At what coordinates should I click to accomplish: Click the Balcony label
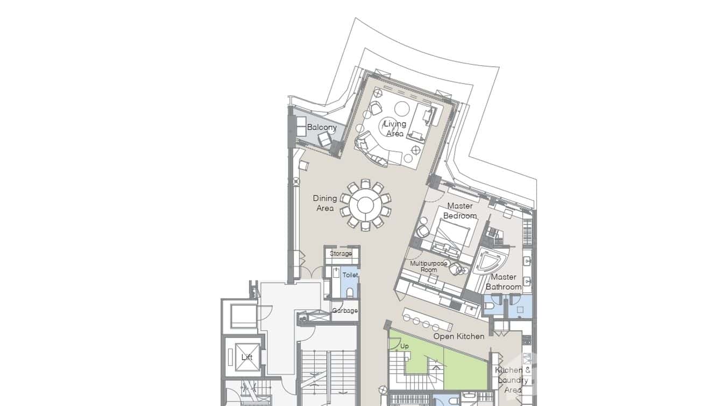tap(322, 128)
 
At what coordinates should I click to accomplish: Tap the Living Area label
tap(394, 129)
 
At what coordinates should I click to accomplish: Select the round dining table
tap(365, 205)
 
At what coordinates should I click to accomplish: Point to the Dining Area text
tap(325, 203)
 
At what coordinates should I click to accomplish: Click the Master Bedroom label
tap(460, 211)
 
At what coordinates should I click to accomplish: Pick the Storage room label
tap(341, 254)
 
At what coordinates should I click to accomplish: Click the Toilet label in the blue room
tap(350, 275)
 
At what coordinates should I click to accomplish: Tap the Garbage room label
tap(345, 311)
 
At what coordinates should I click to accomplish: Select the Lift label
tap(246, 357)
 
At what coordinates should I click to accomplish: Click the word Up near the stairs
tap(405, 346)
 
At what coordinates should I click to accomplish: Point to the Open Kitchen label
tap(459, 337)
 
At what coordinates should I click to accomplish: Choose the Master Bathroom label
tap(504, 282)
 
